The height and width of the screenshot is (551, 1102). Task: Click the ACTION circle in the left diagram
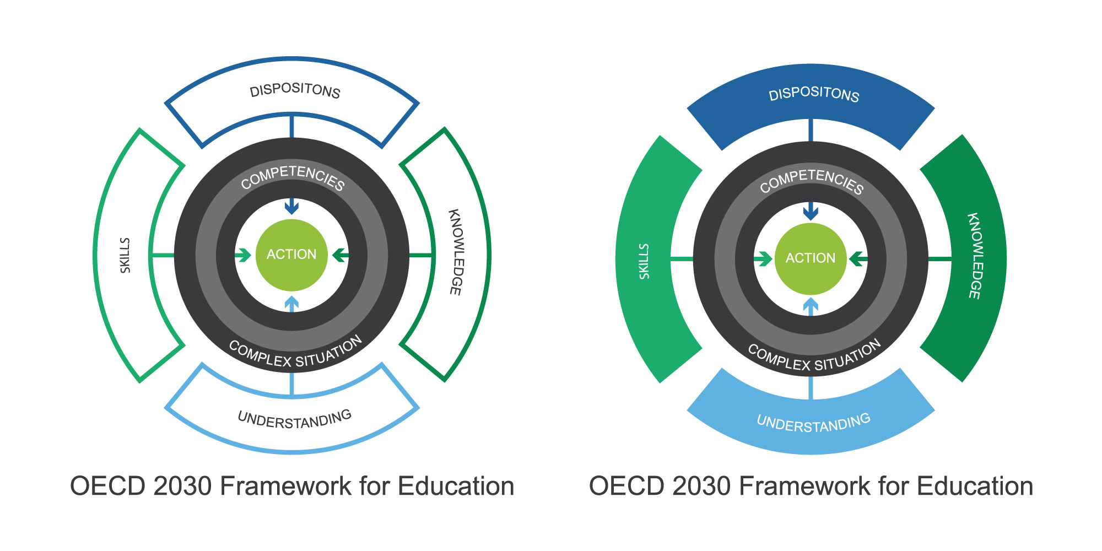tap(291, 255)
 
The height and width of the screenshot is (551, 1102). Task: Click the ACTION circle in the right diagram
tap(811, 258)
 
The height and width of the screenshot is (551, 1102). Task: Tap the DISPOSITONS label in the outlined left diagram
tap(295, 91)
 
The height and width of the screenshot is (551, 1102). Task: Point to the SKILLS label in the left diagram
tap(126, 255)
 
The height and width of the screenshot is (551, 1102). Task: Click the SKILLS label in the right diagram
tap(644, 261)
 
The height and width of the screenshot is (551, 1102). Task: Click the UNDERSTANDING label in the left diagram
tap(295, 420)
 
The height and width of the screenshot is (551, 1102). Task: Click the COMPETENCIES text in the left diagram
tap(293, 177)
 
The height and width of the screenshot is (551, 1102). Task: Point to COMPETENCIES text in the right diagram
tap(812, 181)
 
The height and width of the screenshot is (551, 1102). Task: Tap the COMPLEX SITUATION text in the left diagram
tap(295, 353)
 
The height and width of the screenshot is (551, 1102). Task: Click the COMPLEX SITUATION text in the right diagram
tap(814, 356)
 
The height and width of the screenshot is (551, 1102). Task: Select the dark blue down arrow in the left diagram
tap(291, 206)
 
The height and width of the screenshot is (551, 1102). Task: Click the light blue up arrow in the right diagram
tap(811, 307)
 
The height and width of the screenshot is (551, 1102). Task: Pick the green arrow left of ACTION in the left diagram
tap(243, 255)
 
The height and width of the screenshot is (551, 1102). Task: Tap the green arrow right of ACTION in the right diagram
tap(858, 258)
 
